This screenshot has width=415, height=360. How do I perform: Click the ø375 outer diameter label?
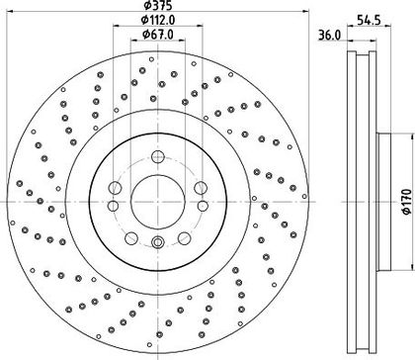click(x=158, y=5)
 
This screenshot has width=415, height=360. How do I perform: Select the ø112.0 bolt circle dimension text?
click(x=158, y=20)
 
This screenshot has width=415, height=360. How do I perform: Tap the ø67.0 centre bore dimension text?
click(x=158, y=34)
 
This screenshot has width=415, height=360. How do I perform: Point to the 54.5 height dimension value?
click(x=369, y=20)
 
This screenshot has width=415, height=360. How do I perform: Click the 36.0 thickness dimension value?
click(x=330, y=36)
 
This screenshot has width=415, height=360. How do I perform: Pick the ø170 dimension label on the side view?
click(x=407, y=202)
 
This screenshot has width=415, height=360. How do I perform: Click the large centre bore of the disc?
click(x=158, y=201)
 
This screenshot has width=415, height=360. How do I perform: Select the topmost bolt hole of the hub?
click(x=158, y=156)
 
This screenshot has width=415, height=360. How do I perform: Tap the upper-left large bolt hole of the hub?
click(x=115, y=188)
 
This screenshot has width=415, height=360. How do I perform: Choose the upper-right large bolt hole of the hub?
click(x=201, y=188)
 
